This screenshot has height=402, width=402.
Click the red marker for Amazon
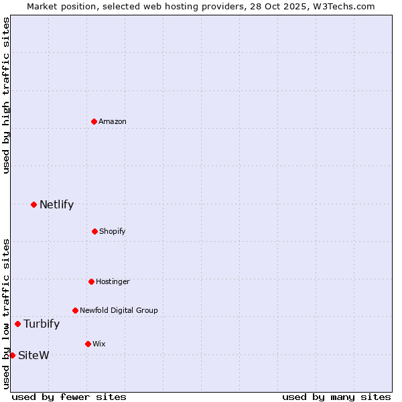(94, 121)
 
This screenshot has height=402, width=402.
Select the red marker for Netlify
(33, 204)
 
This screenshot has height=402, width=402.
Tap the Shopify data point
(94, 231)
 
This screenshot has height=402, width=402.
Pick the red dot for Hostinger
(91, 281)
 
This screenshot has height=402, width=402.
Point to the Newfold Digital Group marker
(75, 310)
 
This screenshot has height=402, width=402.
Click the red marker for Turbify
(17, 324)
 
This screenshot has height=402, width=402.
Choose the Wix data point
(88, 344)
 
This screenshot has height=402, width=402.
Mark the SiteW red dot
(12, 355)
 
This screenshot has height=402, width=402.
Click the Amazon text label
(113, 121)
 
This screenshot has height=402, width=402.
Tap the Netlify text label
(56, 204)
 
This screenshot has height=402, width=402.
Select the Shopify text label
(112, 231)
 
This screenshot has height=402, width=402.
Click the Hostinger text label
(113, 281)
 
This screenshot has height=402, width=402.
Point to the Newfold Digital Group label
(119, 310)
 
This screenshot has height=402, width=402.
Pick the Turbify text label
(42, 324)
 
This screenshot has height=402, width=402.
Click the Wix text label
(98, 344)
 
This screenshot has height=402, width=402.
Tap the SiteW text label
(33, 355)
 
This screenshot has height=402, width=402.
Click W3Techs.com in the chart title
(341, 6)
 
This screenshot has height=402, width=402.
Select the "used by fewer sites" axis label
(69, 397)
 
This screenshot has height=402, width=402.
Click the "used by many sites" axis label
(336, 397)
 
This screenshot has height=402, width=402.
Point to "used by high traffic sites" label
(6, 95)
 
